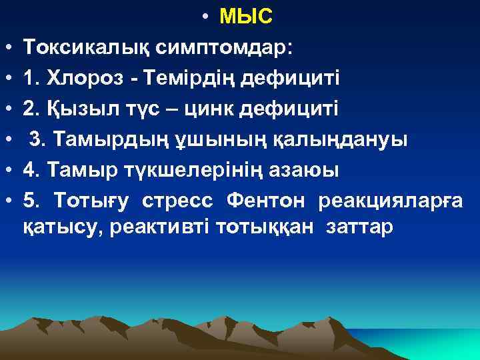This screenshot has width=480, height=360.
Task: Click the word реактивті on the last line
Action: [159, 227]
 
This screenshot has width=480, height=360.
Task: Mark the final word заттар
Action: [360, 227]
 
